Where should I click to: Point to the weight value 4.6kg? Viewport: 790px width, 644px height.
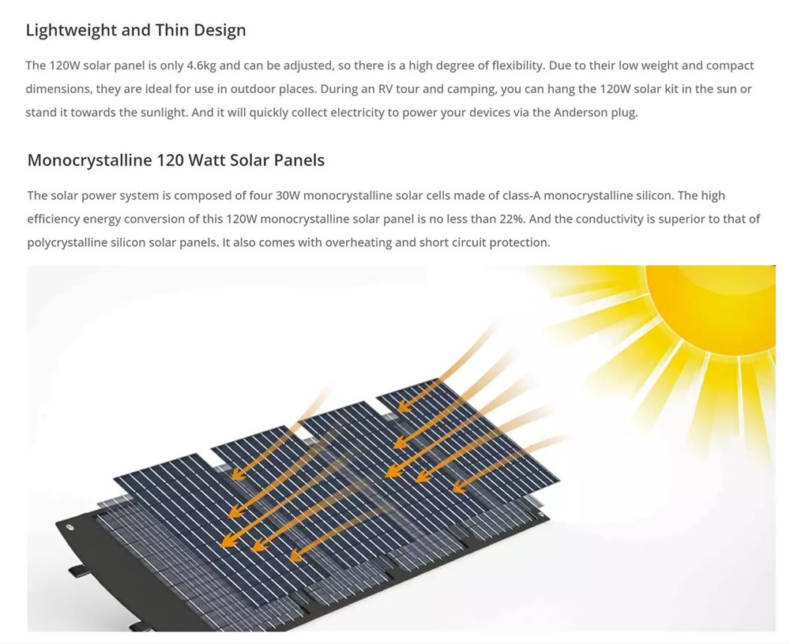point(201,66)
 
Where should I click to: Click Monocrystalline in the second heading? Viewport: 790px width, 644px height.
point(89,161)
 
